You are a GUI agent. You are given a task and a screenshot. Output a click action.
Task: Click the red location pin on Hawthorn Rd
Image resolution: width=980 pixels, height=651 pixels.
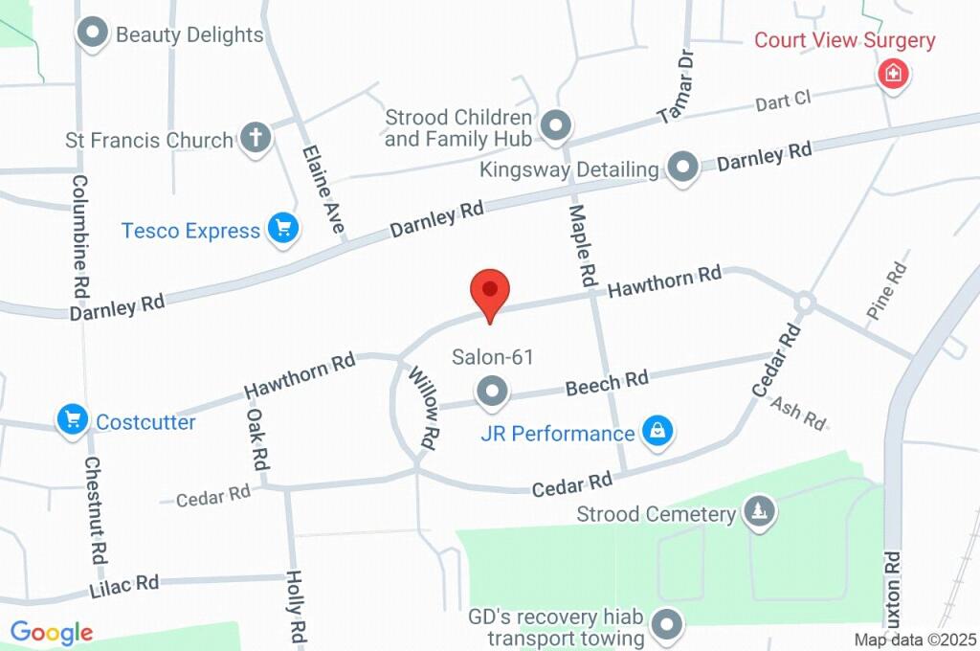[x=490, y=289]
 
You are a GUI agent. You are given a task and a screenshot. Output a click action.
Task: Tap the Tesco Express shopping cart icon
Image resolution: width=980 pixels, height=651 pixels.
[x=282, y=229]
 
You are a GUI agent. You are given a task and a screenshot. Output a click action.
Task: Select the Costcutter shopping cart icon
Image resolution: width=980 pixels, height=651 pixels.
[x=73, y=419]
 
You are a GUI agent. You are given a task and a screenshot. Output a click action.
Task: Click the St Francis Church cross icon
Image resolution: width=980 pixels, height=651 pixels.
[x=255, y=137]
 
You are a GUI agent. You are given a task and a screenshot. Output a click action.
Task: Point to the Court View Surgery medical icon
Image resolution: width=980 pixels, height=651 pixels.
[x=893, y=73]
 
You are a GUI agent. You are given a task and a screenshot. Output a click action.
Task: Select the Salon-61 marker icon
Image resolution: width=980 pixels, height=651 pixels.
[x=493, y=391]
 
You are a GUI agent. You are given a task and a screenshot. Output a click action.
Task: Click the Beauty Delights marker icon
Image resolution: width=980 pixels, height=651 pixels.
[x=93, y=33]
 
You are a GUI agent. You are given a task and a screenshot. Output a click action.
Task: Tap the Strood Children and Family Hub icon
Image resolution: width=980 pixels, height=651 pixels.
[x=556, y=125]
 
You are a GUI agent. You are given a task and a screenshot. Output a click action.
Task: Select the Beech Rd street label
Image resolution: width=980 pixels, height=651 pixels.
[x=607, y=381]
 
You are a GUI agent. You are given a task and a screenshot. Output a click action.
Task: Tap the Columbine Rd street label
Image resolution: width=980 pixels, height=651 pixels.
[x=80, y=235]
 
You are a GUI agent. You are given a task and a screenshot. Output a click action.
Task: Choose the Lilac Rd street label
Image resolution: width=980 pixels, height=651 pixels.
[x=124, y=583]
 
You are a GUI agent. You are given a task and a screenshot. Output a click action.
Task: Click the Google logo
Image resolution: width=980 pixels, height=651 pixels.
[x=52, y=632]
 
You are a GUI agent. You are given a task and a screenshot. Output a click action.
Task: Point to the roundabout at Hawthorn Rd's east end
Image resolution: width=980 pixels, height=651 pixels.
[x=804, y=303]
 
